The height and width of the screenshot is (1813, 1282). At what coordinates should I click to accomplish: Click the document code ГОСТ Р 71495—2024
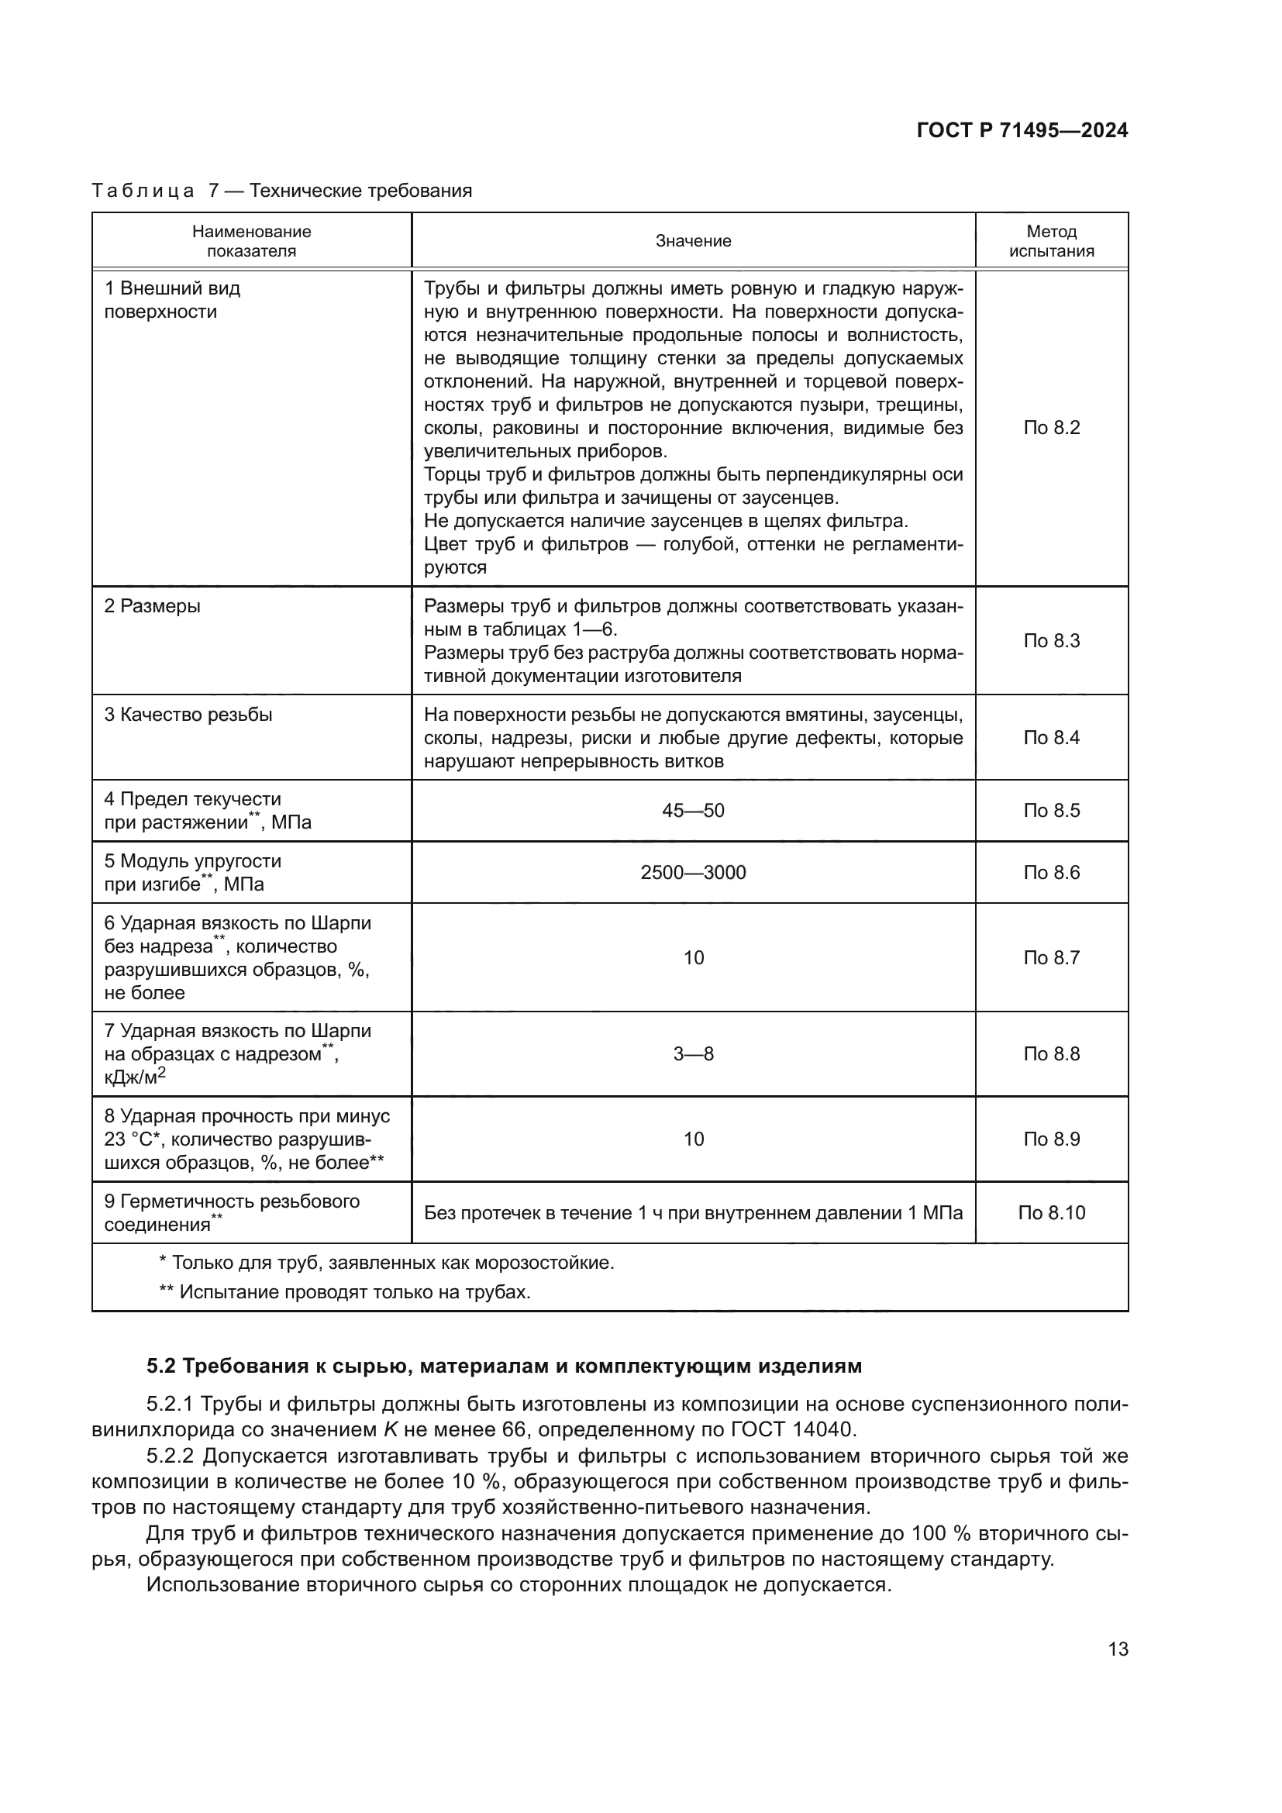[x=1022, y=131]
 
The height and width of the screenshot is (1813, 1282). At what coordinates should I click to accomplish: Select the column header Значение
[x=692, y=242]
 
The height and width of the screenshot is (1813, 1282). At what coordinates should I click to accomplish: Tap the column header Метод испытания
[x=1051, y=242]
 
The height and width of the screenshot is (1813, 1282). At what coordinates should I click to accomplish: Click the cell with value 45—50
[x=692, y=811]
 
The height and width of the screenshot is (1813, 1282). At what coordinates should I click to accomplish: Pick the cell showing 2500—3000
[x=692, y=873]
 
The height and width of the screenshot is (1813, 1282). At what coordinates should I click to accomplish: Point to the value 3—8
[x=692, y=1054]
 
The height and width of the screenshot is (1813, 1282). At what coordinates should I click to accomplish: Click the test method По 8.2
[x=1051, y=428]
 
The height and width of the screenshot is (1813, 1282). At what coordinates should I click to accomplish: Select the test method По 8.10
[x=1051, y=1213]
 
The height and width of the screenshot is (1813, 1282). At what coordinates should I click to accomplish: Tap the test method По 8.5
[x=1051, y=811]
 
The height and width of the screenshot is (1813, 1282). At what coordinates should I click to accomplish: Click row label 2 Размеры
[x=153, y=606]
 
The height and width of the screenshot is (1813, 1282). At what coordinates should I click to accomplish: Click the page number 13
[x=1118, y=1649]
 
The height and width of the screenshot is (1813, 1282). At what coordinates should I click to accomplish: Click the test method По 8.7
[x=1051, y=958]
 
